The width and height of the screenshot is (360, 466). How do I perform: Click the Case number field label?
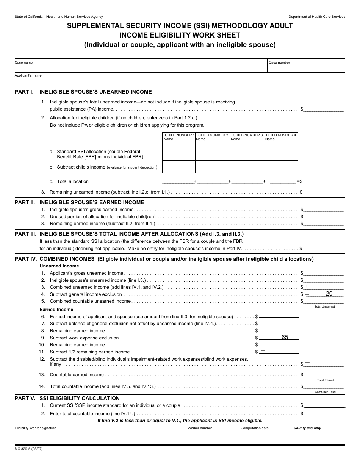coord(279,63)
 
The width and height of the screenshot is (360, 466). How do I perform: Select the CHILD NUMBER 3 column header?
coord(247,135)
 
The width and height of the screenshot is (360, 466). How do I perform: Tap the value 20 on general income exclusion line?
coord(329,294)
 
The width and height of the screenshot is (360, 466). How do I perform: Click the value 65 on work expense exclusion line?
coord(285,337)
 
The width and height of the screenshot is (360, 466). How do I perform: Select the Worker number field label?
coord(200,428)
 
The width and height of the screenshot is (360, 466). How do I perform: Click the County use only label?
coord(307,428)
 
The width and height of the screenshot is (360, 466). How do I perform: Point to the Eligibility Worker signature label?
coord(35,428)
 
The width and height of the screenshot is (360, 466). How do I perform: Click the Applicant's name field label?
coord(28,75)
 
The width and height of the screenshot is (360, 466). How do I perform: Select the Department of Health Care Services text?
coord(316,17)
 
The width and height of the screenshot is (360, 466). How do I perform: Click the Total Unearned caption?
coord(324,306)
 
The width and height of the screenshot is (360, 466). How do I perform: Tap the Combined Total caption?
coord(325,392)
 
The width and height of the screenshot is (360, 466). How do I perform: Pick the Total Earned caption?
coord(326,380)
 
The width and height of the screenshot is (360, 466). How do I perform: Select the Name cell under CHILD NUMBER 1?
coord(168,139)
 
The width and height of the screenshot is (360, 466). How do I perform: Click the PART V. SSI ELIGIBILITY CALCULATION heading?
coord(67,398)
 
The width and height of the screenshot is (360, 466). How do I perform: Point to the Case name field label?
coord(23,63)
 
